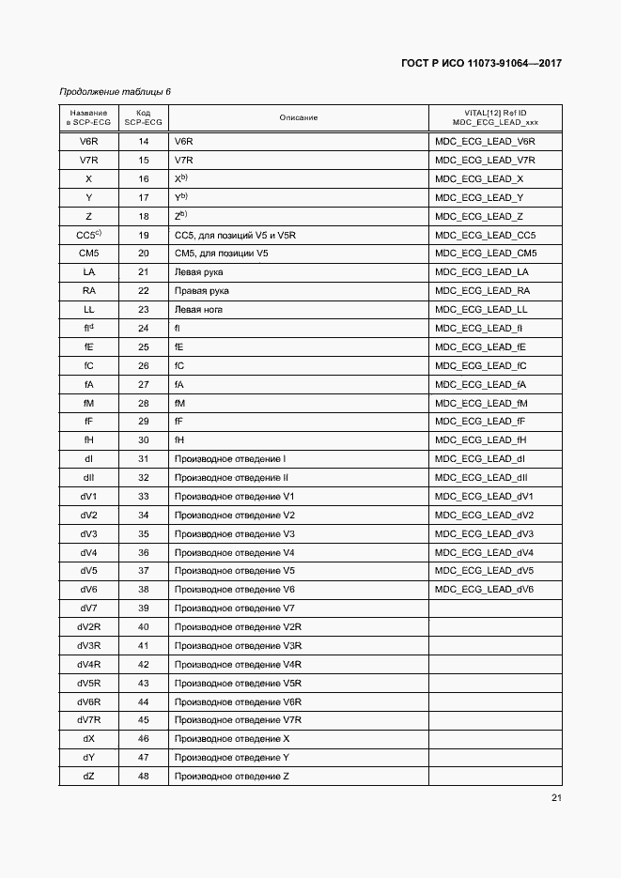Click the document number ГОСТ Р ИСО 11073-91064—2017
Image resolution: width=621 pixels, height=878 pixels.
click(480, 64)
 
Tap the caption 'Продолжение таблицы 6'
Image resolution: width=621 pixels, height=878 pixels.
click(115, 92)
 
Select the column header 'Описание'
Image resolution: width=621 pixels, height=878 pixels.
click(298, 117)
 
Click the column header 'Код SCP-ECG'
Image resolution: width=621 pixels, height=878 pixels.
click(143, 117)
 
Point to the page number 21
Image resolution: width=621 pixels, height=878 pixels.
click(556, 799)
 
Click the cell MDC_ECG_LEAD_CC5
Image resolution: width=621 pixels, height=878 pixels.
click(485, 235)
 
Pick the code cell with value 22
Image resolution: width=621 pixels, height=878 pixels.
click(144, 291)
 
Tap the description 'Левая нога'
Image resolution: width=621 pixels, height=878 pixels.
click(198, 309)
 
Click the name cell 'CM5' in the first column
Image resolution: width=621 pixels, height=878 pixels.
click(88, 254)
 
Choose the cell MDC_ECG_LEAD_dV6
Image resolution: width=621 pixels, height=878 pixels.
click(484, 590)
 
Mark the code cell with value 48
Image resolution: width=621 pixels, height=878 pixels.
click(144, 776)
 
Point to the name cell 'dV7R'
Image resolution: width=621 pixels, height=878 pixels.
click(88, 720)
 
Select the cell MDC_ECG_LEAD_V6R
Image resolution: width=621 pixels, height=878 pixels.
click(485, 142)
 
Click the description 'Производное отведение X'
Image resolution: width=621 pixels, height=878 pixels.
click(232, 739)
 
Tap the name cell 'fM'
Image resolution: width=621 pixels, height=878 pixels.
click(88, 403)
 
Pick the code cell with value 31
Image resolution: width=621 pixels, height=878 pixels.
click(144, 459)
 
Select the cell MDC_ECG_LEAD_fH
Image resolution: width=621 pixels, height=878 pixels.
click(480, 440)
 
